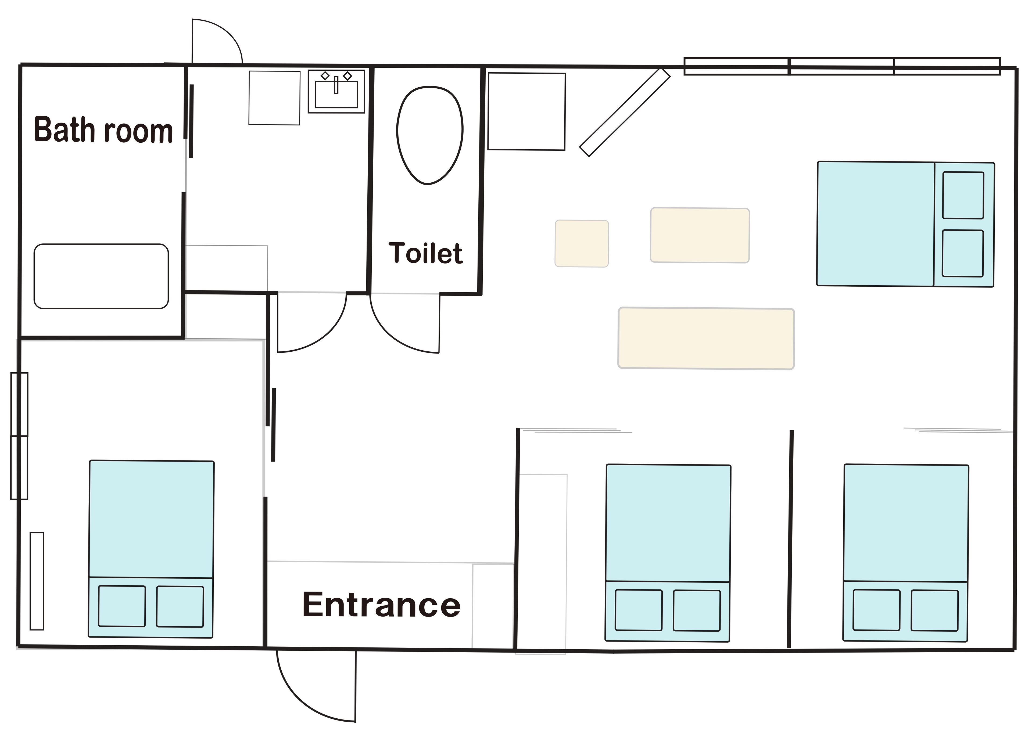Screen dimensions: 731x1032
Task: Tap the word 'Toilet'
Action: tap(425, 253)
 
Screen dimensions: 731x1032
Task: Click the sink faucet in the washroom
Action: tap(336, 85)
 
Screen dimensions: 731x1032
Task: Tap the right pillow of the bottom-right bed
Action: tap(934, 610)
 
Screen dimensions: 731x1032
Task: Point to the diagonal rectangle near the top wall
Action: tap(625, 113)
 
